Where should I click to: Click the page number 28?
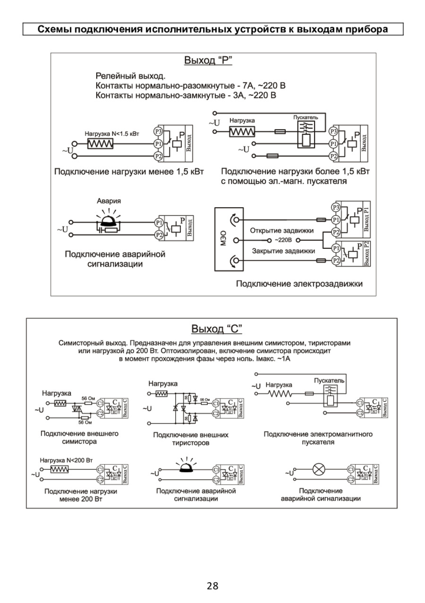click(x=212, y=586)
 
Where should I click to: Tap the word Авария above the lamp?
click(x=109, y=201)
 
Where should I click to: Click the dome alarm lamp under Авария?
click(x=109, y=219)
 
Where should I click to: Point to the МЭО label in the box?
click(x=223, y=238)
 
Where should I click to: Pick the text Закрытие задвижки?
click(x=283, y=251)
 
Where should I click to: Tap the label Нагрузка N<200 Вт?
click(x=67, y=459)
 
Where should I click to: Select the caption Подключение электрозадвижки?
click(x=299, y=283)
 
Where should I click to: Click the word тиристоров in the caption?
click(x=191, y=443)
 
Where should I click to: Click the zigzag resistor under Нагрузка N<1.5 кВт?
click(x=100, y=143)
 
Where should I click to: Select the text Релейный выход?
click(x=130, y=76)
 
